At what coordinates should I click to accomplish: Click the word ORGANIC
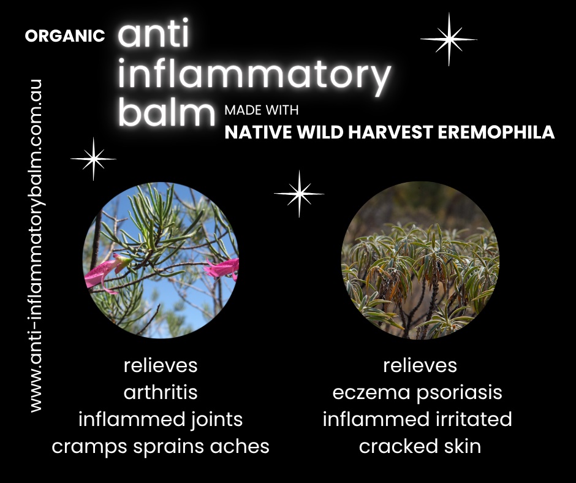[x=65, y=36]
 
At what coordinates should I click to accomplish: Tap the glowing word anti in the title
[x=154, y=33]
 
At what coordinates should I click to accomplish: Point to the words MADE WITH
[x=262, y=110]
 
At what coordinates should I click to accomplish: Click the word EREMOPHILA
[x=496, y=132]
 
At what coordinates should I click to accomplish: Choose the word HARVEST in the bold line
[x=390, y=132]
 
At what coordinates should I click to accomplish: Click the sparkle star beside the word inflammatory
[x=449, y=39]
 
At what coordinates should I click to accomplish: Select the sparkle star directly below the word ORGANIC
[x=93, y=159]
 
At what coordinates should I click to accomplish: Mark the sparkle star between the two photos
[x=299, y=193]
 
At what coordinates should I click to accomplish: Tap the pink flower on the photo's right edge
[x=222, y=268]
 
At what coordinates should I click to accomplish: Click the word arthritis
[x=161, y=392]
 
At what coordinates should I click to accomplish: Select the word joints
[x=217, y=420]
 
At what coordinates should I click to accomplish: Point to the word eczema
[x=371, y=392]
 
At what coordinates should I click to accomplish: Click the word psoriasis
[x=460, y=392]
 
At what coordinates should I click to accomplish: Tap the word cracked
[x=398, y=446]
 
